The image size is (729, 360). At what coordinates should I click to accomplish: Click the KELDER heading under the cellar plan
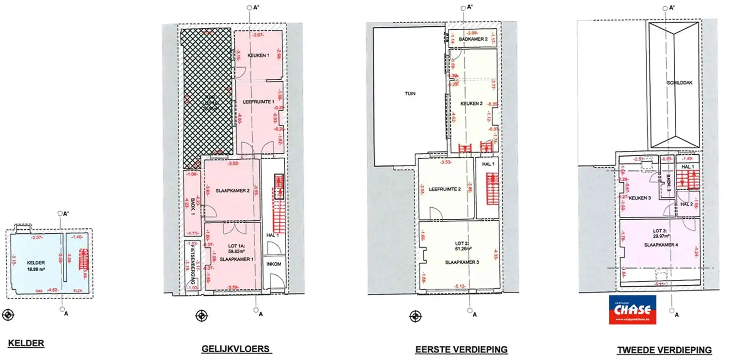(x=26, y=343)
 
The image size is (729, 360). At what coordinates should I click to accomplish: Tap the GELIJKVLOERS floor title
(x=236, y=349)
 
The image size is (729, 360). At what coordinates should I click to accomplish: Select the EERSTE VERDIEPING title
(x=461, y=350)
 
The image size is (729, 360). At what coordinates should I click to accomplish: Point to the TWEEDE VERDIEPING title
(x=664, y=350)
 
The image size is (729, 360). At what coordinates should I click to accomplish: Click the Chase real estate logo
(x=632, y=310)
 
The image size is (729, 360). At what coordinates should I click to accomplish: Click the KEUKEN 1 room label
(x=258, y=56)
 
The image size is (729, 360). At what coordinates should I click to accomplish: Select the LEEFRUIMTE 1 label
(x=258, y=102)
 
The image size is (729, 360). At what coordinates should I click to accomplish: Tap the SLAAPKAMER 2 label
(x=232, y=191)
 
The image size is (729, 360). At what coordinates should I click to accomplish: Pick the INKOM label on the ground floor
(x=273, y=264)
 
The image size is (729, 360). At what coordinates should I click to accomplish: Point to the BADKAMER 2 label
(x=473, y=39)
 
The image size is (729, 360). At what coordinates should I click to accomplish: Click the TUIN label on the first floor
(x=410, y=94)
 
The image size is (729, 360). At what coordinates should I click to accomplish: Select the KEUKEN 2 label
(x=471, y=104)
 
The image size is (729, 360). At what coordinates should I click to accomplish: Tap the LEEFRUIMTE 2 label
(x=444, y=189)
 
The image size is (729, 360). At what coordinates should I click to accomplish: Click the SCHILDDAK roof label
(x=679, y=83)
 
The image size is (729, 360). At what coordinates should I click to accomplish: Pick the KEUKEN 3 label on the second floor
(x=640, y=198)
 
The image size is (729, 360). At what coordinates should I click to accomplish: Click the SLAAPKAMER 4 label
(x=661, y=245)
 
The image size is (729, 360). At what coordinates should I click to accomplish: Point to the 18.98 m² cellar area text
(x=36, y=269)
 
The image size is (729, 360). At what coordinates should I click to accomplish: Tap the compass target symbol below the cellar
(x=8, y=315)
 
